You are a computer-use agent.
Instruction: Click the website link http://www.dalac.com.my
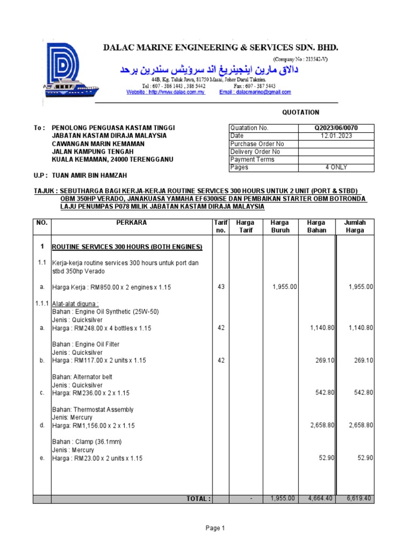[x=166, y=92]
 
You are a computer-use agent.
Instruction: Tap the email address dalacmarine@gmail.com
[x=255, y=92]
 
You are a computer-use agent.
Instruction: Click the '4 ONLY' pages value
[x=337, y=168]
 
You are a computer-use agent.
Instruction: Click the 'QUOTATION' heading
[x=301, y=112]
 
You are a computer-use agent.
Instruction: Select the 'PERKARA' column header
[x=129, y=223]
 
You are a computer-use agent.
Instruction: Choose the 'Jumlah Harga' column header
[x=355, y=226]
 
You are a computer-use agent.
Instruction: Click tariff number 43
[x=221, y=287]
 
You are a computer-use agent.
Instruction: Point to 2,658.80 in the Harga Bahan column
[x=322, y=425]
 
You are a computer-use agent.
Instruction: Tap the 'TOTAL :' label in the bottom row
[x=199, y=499]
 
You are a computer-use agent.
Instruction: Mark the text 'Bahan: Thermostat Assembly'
[x=93, y=409]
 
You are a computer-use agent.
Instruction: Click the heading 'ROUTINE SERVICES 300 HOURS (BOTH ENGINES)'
[x=127, y=247]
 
